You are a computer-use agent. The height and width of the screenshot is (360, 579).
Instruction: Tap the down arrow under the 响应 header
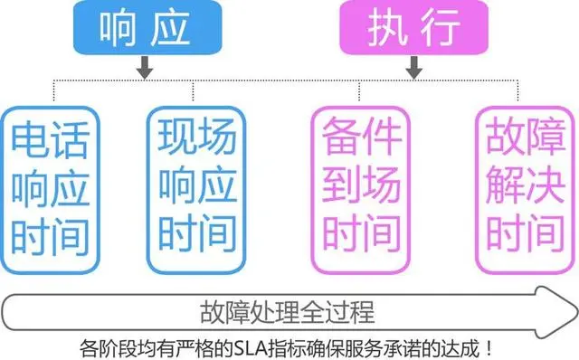tap(144, 68)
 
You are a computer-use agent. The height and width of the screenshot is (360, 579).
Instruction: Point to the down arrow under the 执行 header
tap(413, 68)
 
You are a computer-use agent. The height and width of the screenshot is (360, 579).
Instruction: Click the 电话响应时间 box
tap(51, 186)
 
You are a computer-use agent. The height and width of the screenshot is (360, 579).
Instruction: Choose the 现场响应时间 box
tap(196, 186)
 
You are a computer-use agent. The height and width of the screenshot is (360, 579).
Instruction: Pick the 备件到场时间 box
tap(361, 186)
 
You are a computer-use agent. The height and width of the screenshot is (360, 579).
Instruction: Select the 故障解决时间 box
tap(522, 186)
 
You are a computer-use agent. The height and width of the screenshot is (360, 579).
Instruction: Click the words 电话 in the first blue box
tap(51, 140)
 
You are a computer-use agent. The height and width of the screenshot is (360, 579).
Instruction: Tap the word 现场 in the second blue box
tap(196, 140)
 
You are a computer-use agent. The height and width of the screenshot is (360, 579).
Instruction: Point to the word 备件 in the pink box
tap(361, 140)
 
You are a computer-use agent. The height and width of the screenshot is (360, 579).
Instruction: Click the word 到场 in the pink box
tap(361, 186)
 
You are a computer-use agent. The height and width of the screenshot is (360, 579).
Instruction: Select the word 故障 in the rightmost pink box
tap(522, 140)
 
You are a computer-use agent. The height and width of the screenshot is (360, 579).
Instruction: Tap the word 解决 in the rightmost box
tap(522, 186)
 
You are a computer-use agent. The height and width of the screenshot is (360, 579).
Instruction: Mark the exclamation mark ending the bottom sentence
tap(490, 346)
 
